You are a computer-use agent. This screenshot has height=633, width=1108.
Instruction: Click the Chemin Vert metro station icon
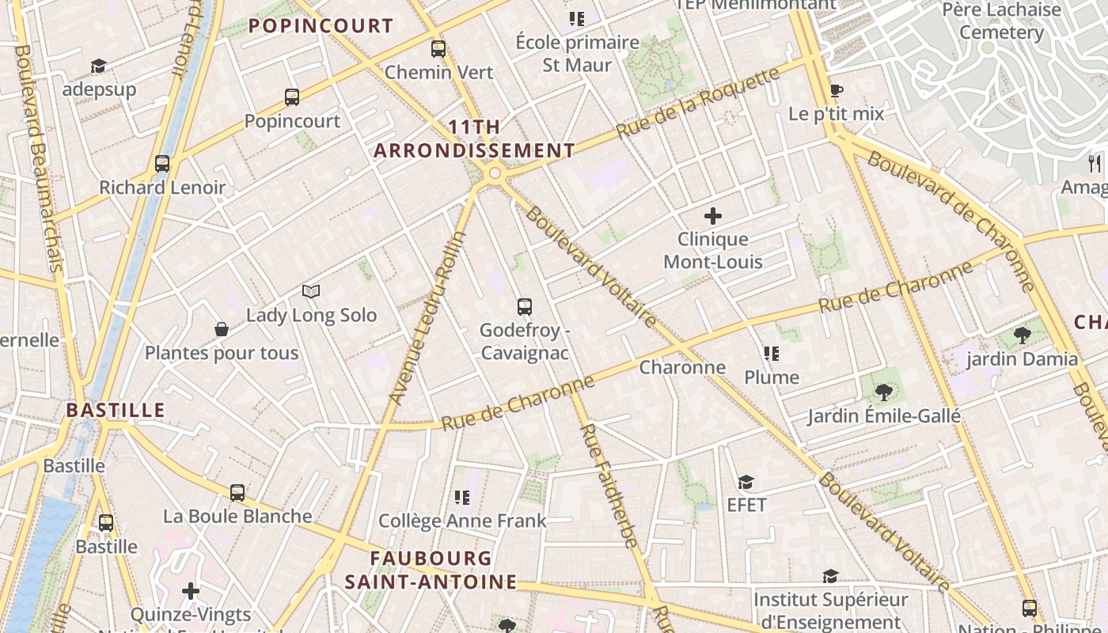(x=438, y=49)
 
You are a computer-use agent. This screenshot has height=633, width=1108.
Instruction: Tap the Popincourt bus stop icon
(x=292, y=97)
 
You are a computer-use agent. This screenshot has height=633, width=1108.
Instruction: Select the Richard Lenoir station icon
(x=162, y=164)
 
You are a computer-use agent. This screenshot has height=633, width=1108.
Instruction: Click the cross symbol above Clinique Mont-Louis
(x=713, y=215)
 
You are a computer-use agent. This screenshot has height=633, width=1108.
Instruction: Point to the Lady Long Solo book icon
(x=311, y=292)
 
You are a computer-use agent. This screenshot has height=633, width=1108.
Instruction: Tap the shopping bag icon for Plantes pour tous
(x=222, y=329)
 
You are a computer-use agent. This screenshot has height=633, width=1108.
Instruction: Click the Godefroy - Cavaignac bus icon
(x=524, y=307)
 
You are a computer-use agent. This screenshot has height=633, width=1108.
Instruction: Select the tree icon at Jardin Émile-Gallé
(x=883, y=392)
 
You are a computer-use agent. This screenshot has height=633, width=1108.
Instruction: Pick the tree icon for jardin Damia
(x=1022, y=335)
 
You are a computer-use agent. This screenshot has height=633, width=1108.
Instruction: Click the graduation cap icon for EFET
(x=746, y=482)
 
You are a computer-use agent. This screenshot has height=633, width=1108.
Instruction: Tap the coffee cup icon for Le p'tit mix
(x=836, y=90)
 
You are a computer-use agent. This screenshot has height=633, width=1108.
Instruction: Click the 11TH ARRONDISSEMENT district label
(x=475, y=138)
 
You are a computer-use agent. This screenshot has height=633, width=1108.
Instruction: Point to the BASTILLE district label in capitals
(x=116, y=410)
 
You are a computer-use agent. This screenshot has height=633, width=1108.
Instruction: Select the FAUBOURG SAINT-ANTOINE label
(x=431, y=570)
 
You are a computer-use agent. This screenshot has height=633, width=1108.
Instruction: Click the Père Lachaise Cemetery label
(x=1001, y=21)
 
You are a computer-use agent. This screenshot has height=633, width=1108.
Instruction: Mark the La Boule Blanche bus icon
(x=237, y=492)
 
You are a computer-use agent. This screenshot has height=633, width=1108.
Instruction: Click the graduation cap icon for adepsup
(x=98, y=66)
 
